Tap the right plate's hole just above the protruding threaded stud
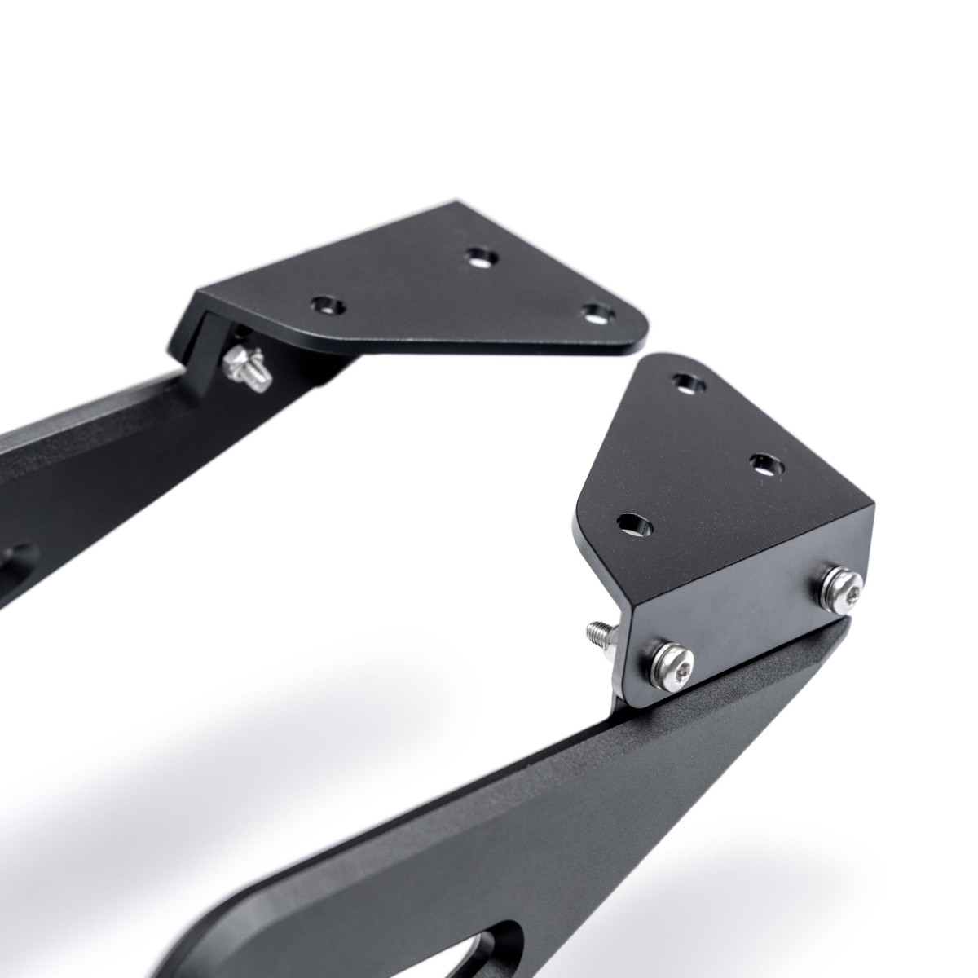633,523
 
